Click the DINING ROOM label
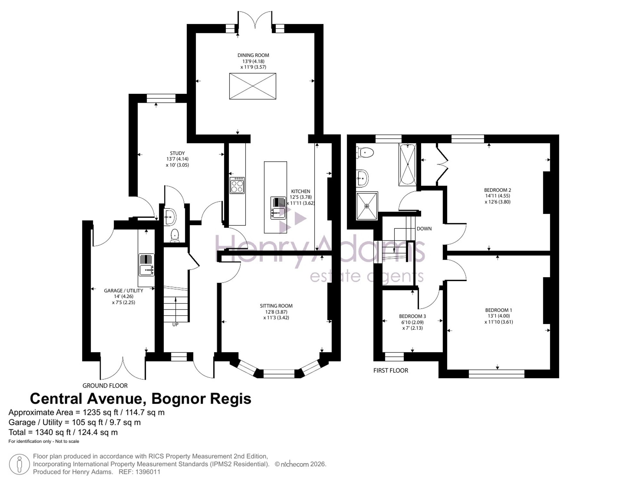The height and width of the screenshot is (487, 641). point(253,55)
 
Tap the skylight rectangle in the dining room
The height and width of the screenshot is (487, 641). point(253,86)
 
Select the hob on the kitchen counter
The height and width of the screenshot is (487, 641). point(237,185)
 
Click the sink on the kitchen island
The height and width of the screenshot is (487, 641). point(278,208)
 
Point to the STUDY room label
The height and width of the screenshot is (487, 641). point(177,153)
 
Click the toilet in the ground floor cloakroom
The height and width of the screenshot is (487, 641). point(175,235)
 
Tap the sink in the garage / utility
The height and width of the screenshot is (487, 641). point(146,265)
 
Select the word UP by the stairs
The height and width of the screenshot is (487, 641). point(175,324)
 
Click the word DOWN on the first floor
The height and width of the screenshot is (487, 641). point(424,229)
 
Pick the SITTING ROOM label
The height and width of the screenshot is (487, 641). point(276,306)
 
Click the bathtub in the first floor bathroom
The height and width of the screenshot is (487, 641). point(407,165)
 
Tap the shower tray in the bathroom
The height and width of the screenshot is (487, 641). point(367,206)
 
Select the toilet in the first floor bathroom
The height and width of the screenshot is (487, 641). point(365,152)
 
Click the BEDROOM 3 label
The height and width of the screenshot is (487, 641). point(412,316)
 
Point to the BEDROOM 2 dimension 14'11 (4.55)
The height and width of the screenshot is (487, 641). point(497,196)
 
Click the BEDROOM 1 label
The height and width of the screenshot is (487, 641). point(499,310)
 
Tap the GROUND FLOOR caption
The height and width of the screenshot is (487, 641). point(105,386)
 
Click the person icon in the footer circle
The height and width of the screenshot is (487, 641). point(20,464)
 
